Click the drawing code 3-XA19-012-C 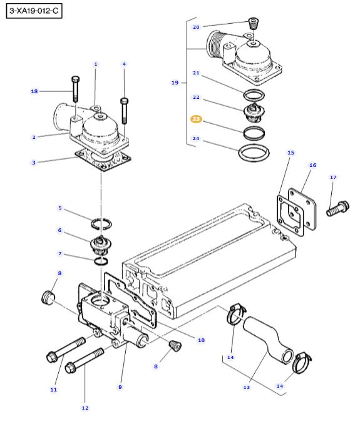[x=34, y=11]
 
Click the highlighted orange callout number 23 [x=196, y=119]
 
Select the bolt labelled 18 [x=75, y=89]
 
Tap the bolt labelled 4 [x=125, y=111]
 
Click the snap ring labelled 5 [x=101, y=224]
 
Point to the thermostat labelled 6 [x=101, y=245]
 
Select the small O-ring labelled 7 [x=101, y=261]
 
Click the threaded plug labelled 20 [x=254, y=23]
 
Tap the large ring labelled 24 [x=254, y=153]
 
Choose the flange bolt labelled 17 [x=338, y=208]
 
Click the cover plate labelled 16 [x=302, y=209]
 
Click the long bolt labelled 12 [x=85, y=361]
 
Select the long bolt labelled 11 [x=66, y=350]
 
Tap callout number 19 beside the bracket [x=175, y=83]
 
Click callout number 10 [x=201, y=340]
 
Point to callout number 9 [x=120, y=387]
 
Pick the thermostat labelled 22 [x=254, y=113]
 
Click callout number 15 [x=291, y=153]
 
